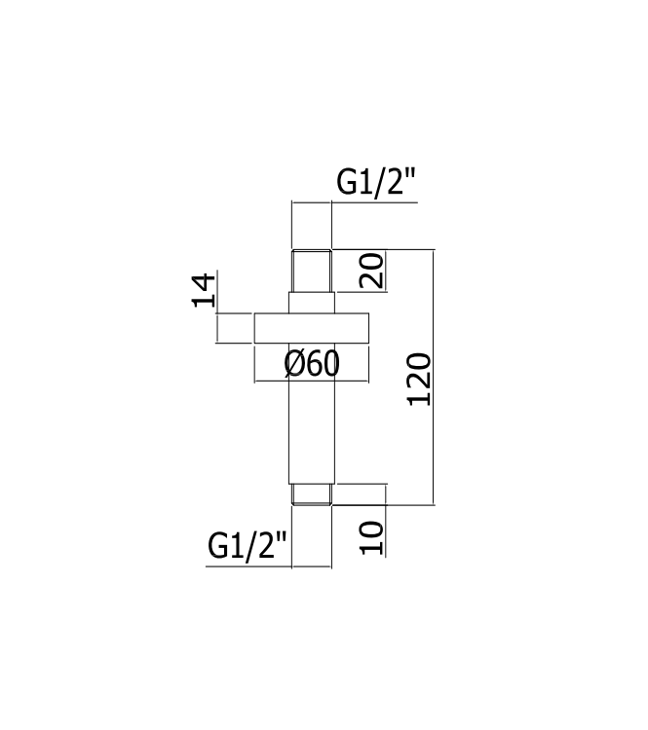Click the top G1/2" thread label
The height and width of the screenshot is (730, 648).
click(376, 182)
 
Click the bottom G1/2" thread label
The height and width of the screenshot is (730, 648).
click(248, 546)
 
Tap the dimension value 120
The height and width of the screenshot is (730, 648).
click(418, 380)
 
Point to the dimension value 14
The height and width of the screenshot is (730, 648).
click(203, 291)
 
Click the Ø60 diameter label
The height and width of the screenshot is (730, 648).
click(312, 364)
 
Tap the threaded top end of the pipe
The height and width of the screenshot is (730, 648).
click(313, 272)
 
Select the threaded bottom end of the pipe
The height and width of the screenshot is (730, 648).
click(313, 493)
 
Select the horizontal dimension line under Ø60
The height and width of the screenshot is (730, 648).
click(313, 380)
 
